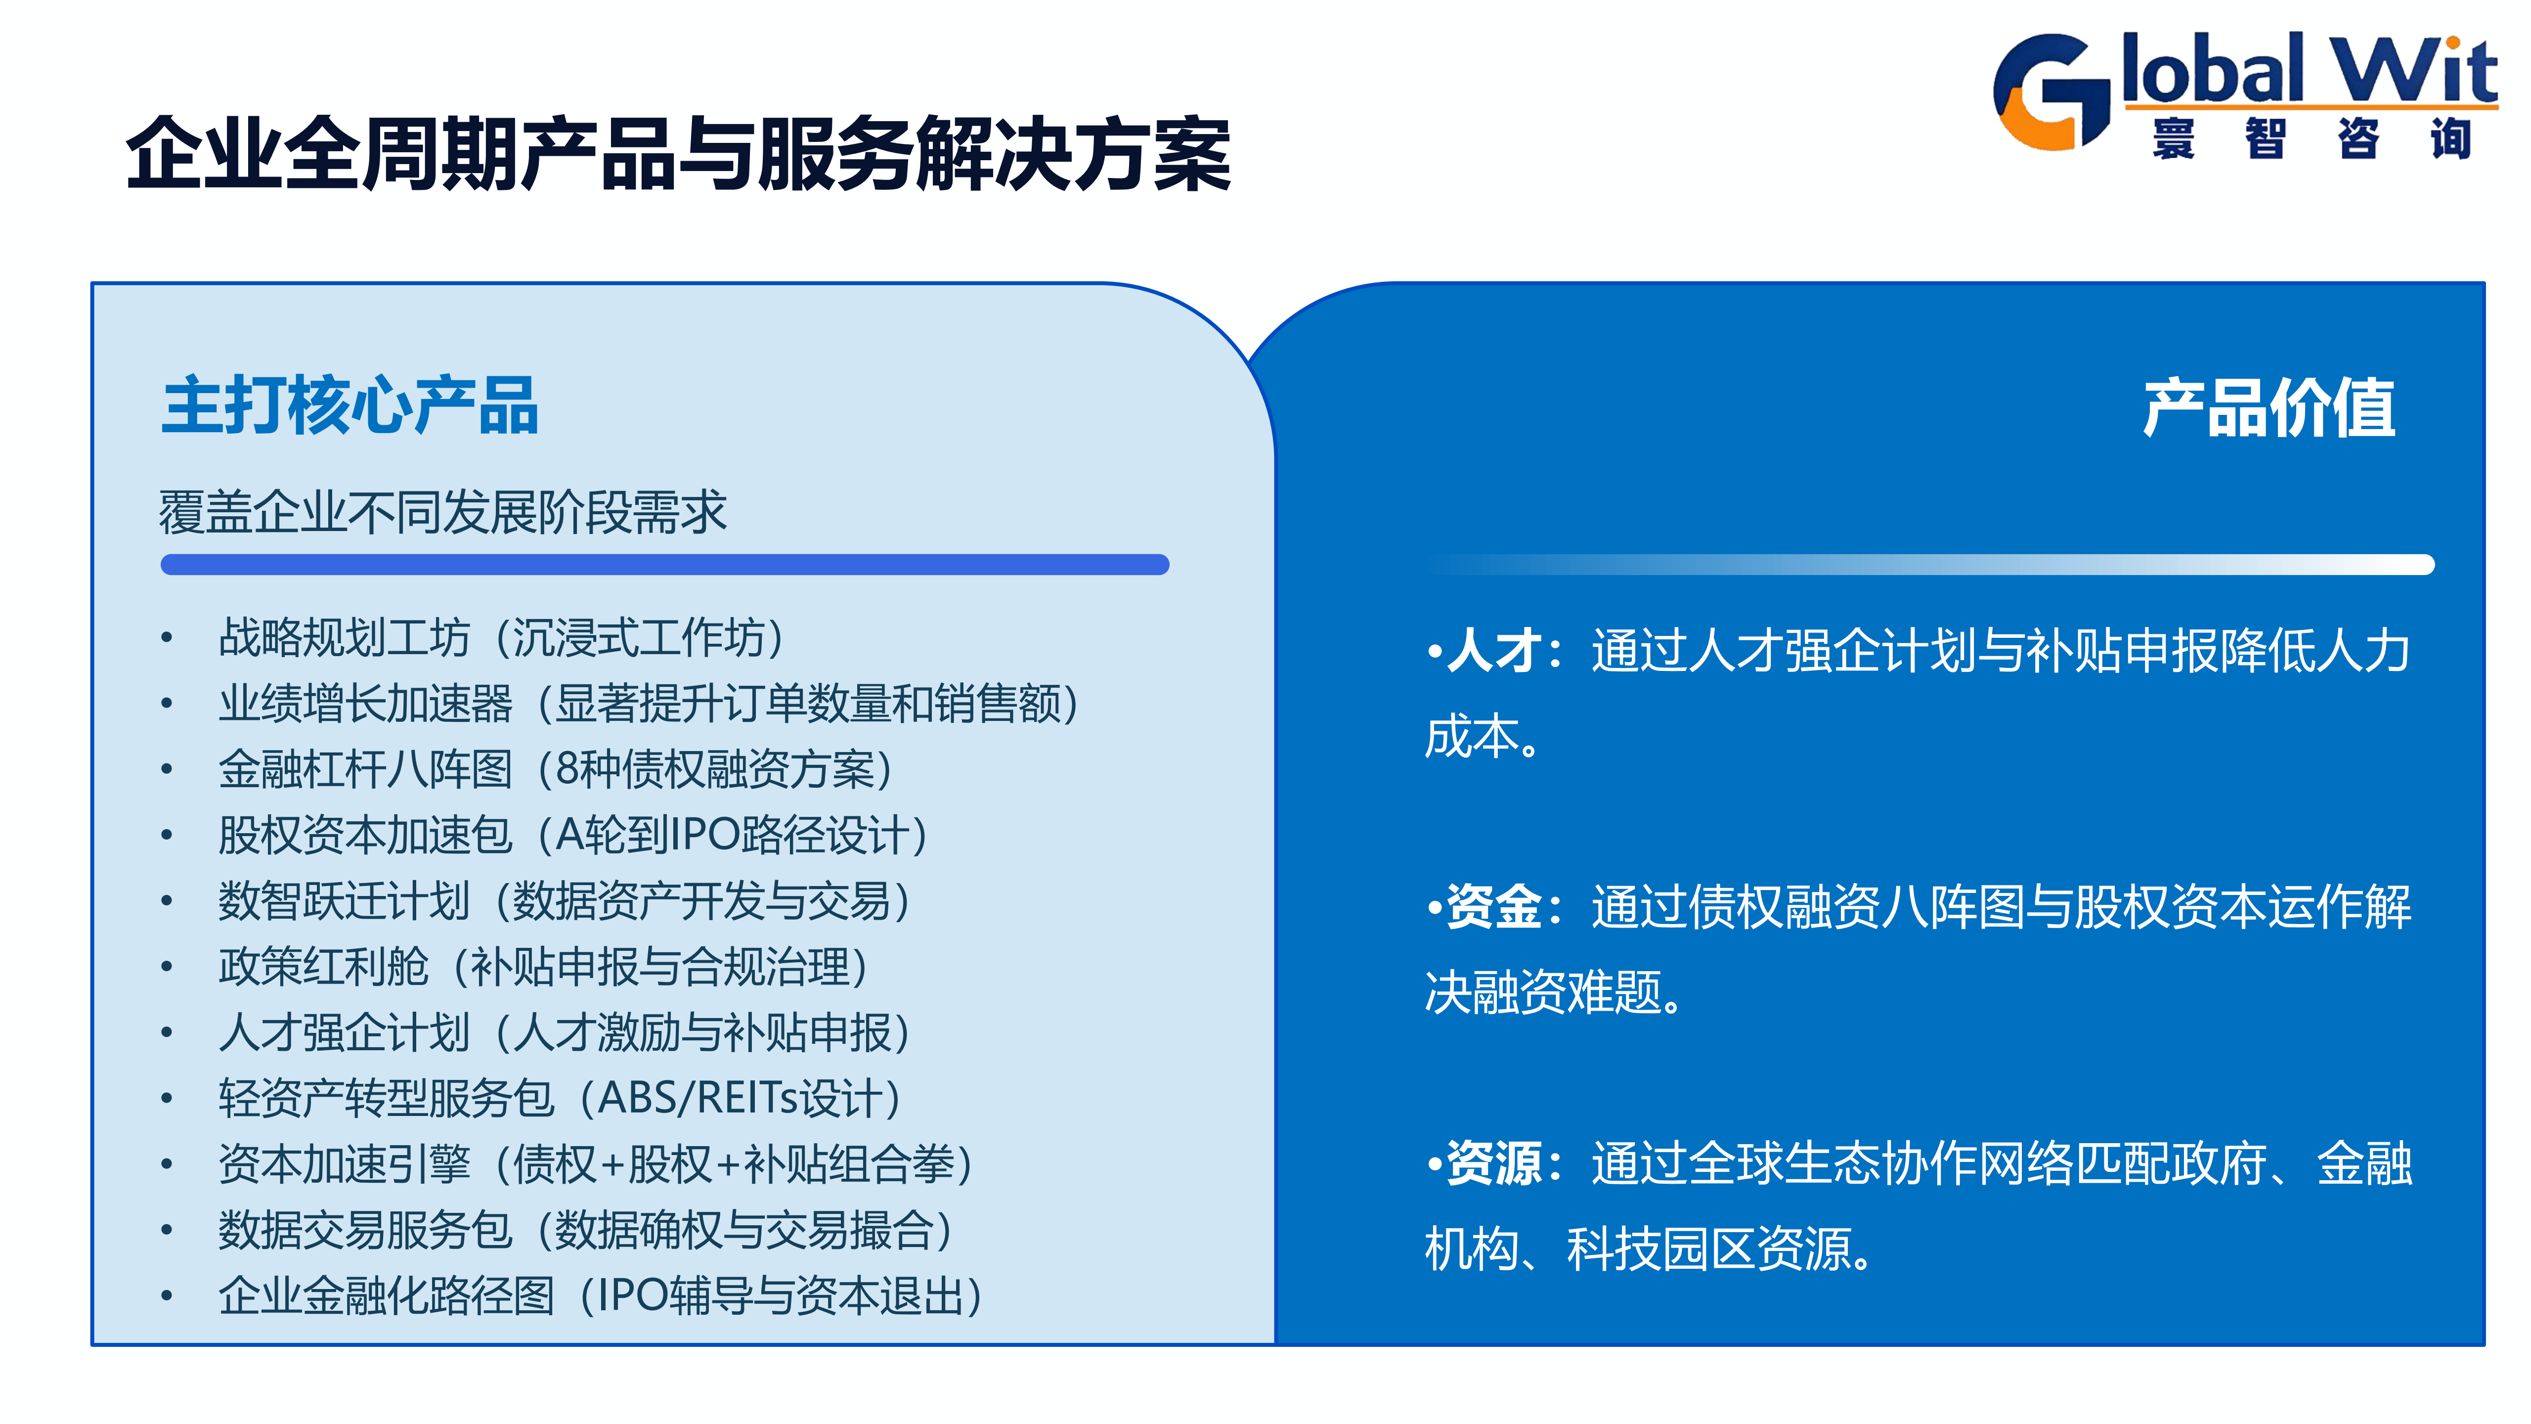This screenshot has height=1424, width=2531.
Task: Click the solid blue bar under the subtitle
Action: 665,564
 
